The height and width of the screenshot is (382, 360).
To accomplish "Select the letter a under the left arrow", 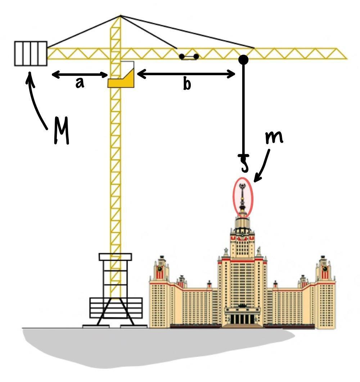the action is click(x=80, y=83).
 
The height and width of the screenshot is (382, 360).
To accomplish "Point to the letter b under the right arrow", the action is click(x=186, y=84).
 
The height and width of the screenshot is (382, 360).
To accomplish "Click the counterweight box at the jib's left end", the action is click(x=31, y=53).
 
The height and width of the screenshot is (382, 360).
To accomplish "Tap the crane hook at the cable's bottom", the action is click(x=244, y=163).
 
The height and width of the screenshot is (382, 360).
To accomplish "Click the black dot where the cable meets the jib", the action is click(x=243, y=59).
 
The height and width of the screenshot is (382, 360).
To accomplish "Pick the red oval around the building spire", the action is click(x=243, y=197).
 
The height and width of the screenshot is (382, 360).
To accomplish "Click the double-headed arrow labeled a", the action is click(x=80, y=75).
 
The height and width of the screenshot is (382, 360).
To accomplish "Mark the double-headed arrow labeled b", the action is click(x=186, y=74).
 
